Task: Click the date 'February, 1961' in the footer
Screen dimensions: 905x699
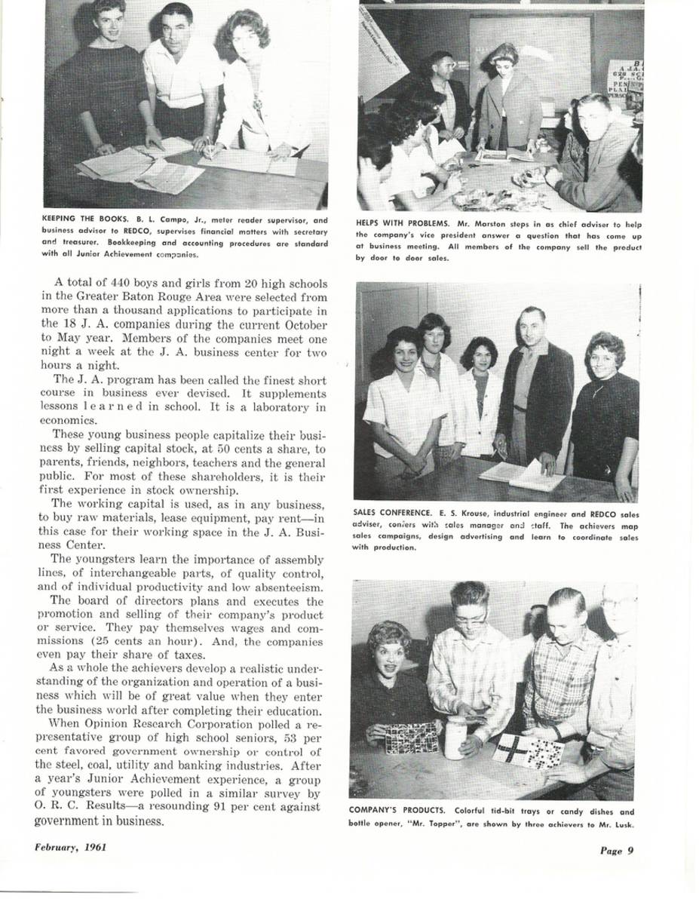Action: (x=70, y=846)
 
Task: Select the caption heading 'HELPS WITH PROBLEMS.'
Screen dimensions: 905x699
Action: (x=403, y=223)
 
